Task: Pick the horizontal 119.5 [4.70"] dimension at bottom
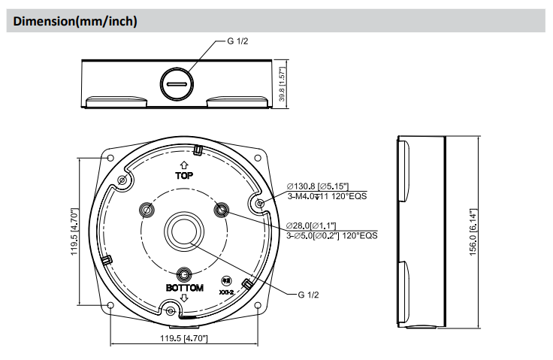pyautogui.click(x=184, y=339)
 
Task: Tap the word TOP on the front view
pyautogui.click(x=184, y=175)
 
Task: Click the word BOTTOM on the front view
pyautogui.click(x=184, y=288)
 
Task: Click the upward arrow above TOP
pyautogui.click(x=184, y=164)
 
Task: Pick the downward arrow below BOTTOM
pyautogui.click(x=184, y=298)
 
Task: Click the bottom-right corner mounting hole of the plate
pyautogui.click(x=258, y=305)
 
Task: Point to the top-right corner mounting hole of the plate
pyautogui.click(x=258, y=158)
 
